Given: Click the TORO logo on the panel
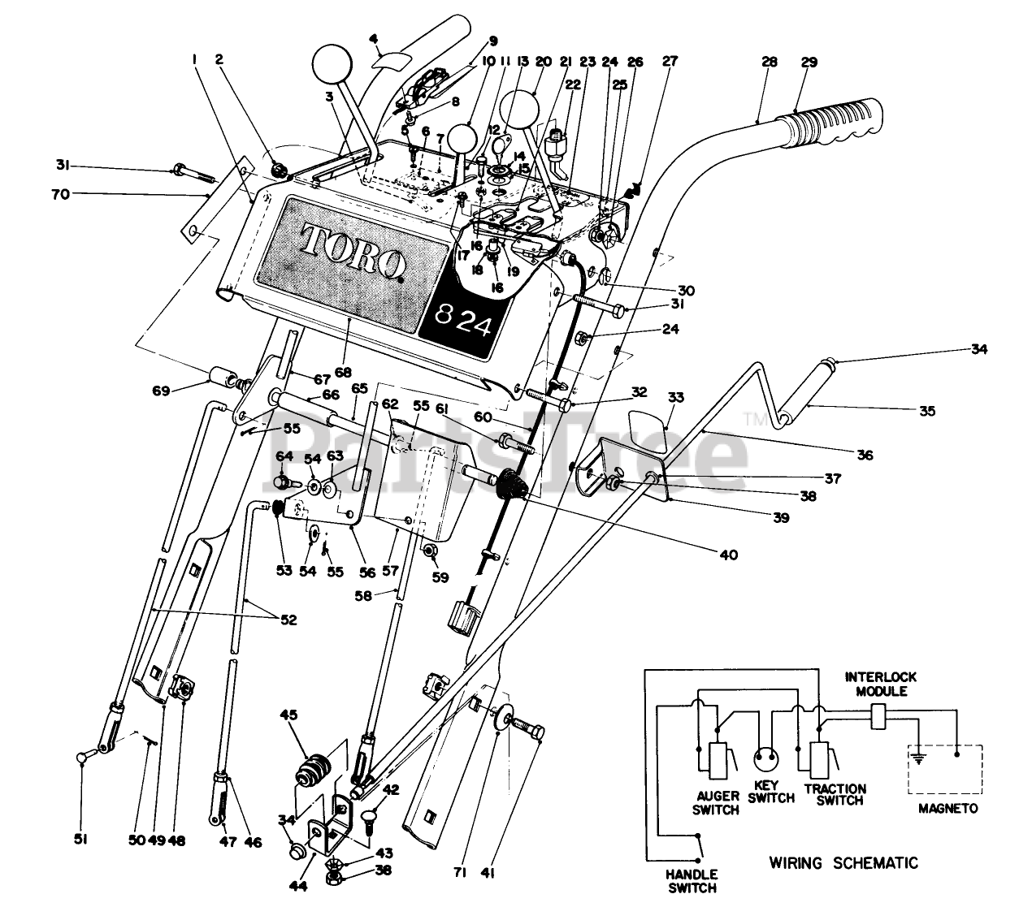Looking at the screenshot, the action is point(353,253).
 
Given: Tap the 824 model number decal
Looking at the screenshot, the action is point(463,322).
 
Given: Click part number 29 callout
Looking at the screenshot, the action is point(809,62).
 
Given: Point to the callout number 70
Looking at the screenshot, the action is point(61,194).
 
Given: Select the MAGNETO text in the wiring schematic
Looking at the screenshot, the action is point(948,808).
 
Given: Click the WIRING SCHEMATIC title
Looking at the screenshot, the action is point(843,862).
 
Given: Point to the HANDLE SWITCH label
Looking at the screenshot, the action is point(692,881).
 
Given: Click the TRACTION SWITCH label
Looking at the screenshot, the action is point(835,794).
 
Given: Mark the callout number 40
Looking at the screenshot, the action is point(729,555).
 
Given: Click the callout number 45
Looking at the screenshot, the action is point(288,715).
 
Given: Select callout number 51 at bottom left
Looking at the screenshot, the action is point(80,840).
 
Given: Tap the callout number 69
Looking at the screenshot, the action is point(161,391).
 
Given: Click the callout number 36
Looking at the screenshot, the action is point(865,455).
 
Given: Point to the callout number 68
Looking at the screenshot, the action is point(343,373).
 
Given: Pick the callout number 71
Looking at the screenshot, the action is point(460,872).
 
